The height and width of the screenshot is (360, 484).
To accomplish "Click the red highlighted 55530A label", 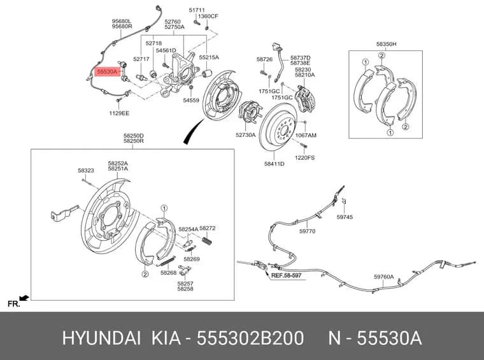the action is pos(108,72).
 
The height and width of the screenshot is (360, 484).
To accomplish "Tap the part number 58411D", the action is pos(274,164).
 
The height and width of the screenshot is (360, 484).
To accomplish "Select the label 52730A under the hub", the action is pos(245,135).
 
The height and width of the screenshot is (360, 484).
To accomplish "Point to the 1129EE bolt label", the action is pos(119,113).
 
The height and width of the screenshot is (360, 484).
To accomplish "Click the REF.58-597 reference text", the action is pos(286,275).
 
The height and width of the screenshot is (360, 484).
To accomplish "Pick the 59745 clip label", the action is pos(345,217).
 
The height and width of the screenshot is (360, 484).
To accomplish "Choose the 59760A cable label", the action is pos(383,277).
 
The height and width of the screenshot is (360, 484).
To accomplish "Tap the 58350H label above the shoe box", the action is pos(386,44).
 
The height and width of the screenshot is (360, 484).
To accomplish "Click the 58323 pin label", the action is pos(86,170).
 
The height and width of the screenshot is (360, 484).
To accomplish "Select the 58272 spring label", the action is pos(208,228).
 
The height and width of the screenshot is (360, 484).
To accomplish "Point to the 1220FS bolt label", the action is pos(304,158).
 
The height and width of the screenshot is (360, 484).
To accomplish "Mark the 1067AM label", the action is pos(306,135).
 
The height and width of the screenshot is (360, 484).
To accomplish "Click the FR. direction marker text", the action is pos(14,304).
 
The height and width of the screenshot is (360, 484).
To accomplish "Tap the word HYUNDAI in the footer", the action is pos(101,338).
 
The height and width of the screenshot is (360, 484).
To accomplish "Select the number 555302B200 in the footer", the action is pos(250,338).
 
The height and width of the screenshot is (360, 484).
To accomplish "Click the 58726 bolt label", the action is pos(264,59).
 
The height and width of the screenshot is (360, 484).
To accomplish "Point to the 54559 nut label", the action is pos(191,100).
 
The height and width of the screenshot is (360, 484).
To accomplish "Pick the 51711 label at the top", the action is pos(197,10).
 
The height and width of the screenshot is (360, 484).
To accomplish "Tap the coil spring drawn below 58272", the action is pos(207,240).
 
